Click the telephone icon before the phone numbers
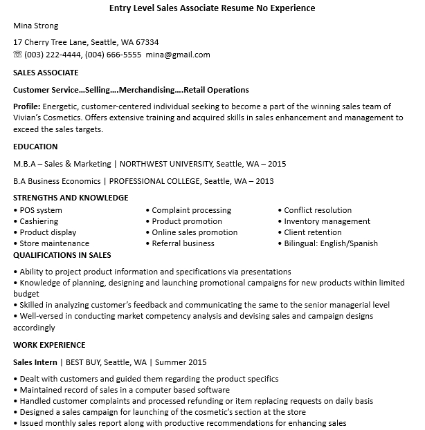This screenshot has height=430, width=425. pyautogui.click(x=18, y=55)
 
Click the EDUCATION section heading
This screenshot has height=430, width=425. pyautogui.click(x=35, y=147)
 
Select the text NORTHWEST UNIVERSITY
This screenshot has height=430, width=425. pyautogui.click(x=165, y=165)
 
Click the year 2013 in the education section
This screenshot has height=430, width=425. pyautogui.click(x=264, y=182)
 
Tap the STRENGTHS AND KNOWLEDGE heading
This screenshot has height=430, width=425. pyautogui.click(x=71, y=198)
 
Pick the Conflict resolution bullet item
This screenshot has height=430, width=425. pyautogui.click(x=318, y=210)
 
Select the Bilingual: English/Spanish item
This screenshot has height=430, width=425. pyautogui.click(x=331, y=243)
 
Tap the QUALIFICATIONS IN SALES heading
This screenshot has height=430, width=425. pyautogui.click(x=62, y=255)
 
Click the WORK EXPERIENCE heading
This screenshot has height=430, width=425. pyautogui.click(x=49, y=345)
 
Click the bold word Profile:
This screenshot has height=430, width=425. pyautogui.click(x=27, y=107)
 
